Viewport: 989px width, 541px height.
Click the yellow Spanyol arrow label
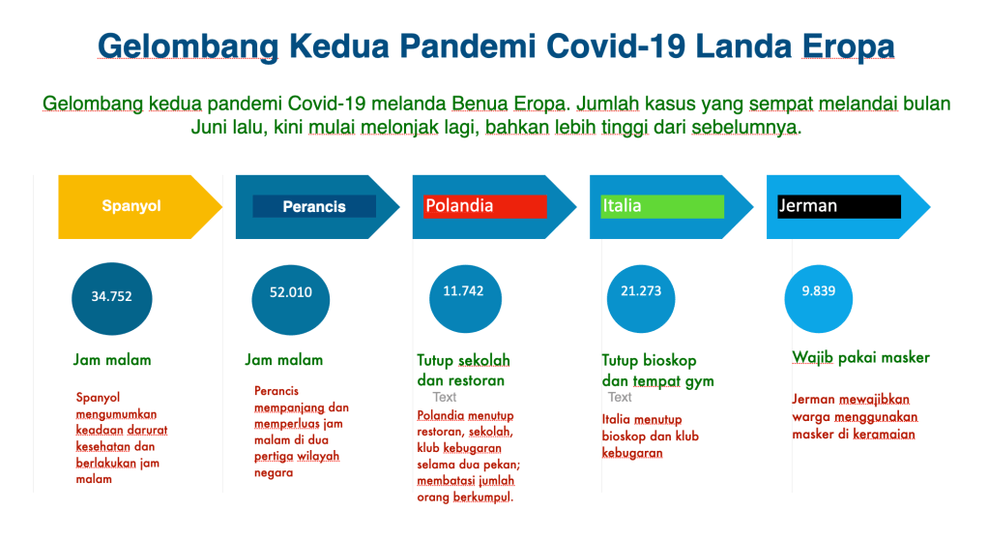[131, 206]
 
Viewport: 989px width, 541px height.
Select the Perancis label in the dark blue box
[314, 206]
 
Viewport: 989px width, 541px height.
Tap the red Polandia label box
[485, 206]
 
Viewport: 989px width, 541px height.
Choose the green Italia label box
[662, 206]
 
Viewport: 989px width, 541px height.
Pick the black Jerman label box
[839, 206]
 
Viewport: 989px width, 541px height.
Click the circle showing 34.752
[111, 299]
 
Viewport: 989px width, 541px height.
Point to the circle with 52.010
[291, 300]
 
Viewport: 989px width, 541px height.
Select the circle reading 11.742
[465, 299]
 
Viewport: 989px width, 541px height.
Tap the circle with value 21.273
[641, 299]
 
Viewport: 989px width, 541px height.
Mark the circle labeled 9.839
[819, 299]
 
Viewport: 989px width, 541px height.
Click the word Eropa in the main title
[848, 46]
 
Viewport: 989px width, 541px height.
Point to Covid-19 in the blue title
[616, 46]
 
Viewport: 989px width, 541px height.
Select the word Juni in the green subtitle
[210, 127]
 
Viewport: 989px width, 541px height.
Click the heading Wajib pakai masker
[861, 358]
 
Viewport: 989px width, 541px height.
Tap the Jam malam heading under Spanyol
[112, 360]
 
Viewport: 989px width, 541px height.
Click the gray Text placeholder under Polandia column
[444, 397]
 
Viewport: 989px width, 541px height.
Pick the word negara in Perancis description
[273, 473]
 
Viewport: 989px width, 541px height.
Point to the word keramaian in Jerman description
[884, 435]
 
